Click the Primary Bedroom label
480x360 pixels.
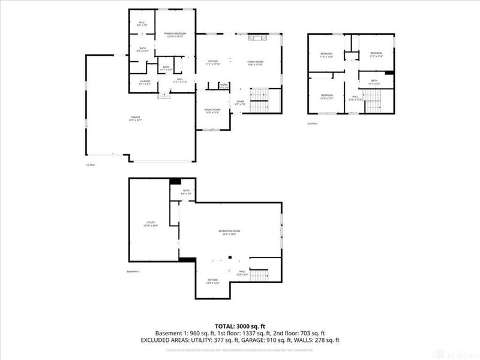pyautogui.click(x=176, y=35)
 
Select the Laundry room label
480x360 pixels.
pyautogui.click(x=145, y=82)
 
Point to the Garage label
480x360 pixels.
pyautogui.click(x=136, y=119)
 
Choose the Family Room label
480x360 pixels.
pyautogui.click(x=256, y=62)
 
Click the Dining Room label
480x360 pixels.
pyautogui.click(x=212, y=110)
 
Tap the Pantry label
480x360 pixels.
pyautogui.click(x=223, y=85)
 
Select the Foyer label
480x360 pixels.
pyautogui.click(x=239, y=103)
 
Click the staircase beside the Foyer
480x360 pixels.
pyautogui.click(x=259, y=101)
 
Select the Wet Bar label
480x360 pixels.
pyautogui.click(x=213, y=281)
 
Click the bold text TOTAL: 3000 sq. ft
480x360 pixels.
pyautogui.click(x=240, y=325)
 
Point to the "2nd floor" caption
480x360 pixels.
pyautogui.click(x=313, y=123)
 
